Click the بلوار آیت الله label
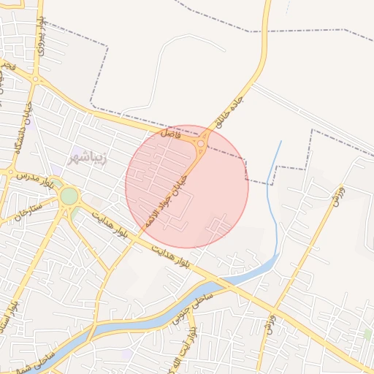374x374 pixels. [x=191, y=351]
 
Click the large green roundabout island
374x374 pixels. [x=69, y=196]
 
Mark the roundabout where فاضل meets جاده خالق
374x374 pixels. [x=200, y=145]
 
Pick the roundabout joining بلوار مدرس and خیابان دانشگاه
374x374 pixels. [x=11, y=173]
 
